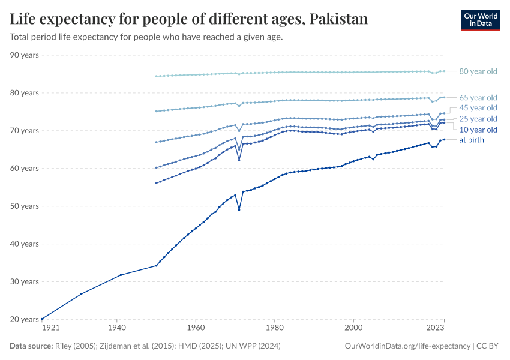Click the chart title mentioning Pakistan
(189, 19)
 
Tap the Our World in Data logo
(480, 19)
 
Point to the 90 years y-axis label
(25, 55)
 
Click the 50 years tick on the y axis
(25, 206)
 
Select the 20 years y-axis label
(25, 319)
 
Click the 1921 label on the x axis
(50, 329)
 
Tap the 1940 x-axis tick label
(116, 329)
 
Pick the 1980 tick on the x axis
(274, 329)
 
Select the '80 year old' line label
(478, 71)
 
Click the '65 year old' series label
(478, 97)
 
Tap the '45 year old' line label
(478, 108)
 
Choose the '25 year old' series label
(478, 119)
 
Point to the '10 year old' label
(478, 130)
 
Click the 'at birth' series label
(471, 140)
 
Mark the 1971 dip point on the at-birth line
(239, 209)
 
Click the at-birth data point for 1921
(42, 319)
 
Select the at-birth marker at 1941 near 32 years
(121, 275)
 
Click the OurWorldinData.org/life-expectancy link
(409, 346)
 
